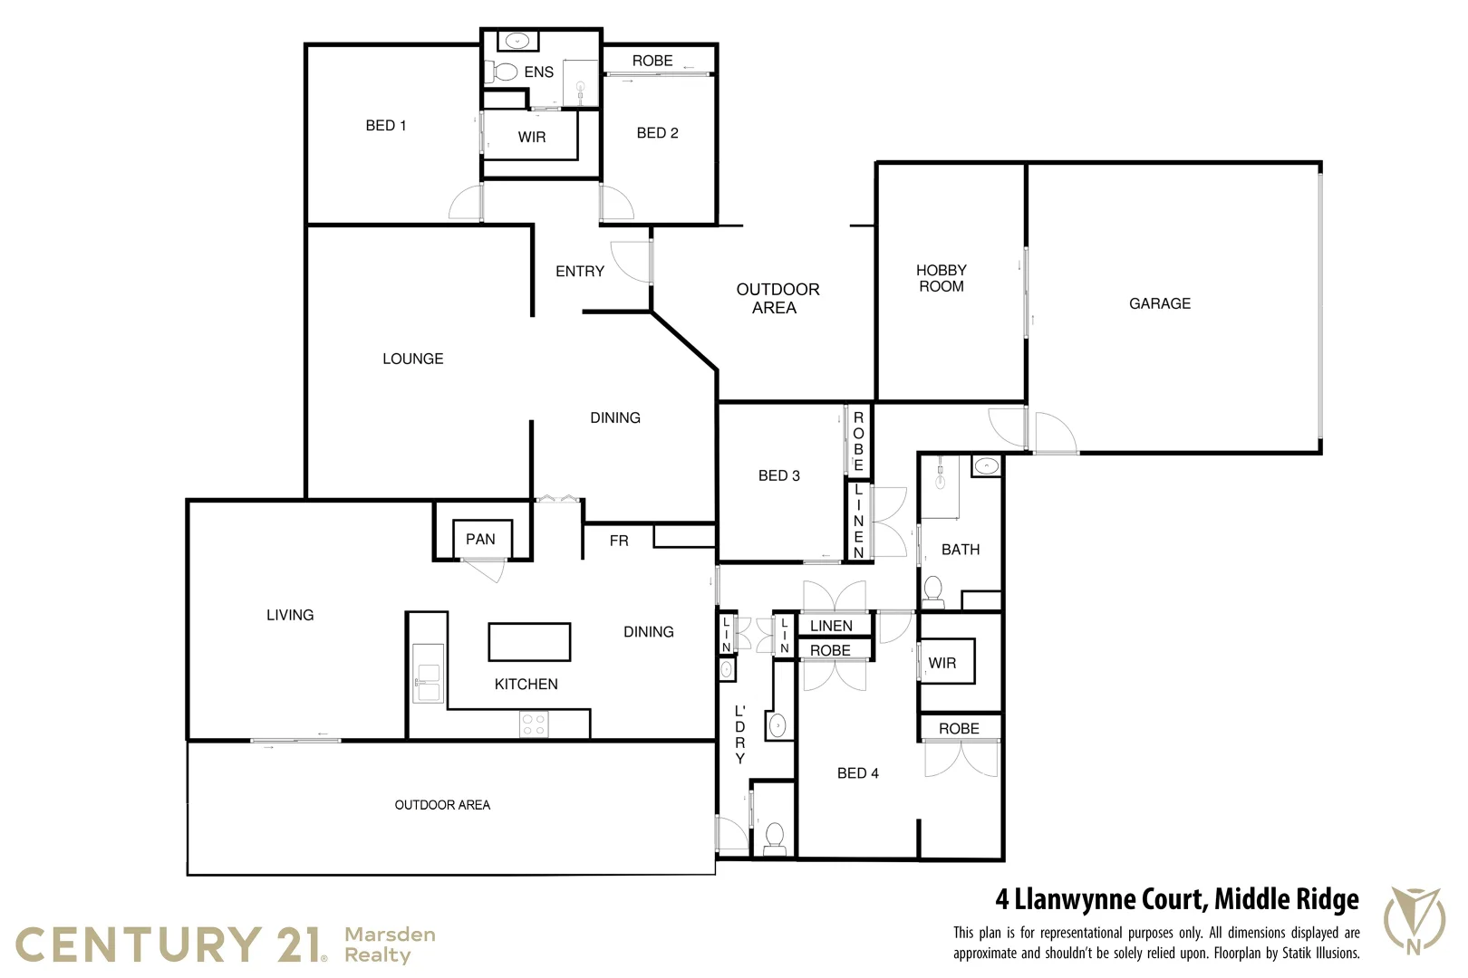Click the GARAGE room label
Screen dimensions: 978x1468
pos(1159,303)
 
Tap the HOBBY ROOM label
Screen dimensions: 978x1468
pos(941,278)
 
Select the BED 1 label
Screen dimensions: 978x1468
pos(385,126)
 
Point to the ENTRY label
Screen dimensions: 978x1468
pos(579,271)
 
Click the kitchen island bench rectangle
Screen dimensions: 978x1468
pos(529,641)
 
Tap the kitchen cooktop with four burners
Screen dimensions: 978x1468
pos(534,724)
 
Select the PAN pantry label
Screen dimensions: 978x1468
pos(480,539)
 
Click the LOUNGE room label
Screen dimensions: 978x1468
pos(412,359)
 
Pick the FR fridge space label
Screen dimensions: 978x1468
pos(618,541)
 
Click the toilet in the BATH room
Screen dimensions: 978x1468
pos(932,592)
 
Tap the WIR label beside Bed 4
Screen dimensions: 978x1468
pos(942,663)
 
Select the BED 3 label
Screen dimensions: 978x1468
pos(778,475)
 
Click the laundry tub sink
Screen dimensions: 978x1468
pos(777,725)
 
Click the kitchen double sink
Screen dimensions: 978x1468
pos(427,673)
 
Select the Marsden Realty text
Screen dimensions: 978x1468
pos(390,944)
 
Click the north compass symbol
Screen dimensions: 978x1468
pos(1413,919)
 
